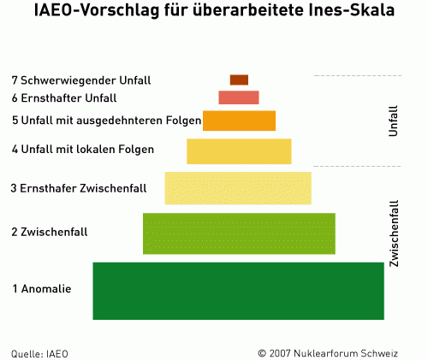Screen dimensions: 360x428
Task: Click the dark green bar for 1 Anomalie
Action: pos(238,290)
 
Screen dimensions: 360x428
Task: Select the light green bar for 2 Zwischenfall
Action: pos(239,233)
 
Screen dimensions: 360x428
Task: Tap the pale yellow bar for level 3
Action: pos(238,187)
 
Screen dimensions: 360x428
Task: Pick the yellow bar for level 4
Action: pos(239,150)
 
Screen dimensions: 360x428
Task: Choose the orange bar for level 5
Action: pos(239,121)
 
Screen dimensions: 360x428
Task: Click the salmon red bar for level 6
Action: pos(238,97)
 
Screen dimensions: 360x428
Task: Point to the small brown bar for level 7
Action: pos(239,80)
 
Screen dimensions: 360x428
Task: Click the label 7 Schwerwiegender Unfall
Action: pos(81,80)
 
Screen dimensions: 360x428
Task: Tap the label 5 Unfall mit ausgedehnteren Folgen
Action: pos(106,121)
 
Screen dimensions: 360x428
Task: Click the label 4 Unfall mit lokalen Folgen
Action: pos(83,150)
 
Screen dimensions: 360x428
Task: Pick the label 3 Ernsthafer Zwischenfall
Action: pos(79,187)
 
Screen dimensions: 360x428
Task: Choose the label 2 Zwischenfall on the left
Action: pos(50,233)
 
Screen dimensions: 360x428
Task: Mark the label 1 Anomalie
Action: pos(41,289)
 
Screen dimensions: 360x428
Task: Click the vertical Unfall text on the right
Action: pos(393,121)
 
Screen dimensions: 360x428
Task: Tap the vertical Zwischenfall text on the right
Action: pos(394,233)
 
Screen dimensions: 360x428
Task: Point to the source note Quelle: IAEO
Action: pos(39,352)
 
